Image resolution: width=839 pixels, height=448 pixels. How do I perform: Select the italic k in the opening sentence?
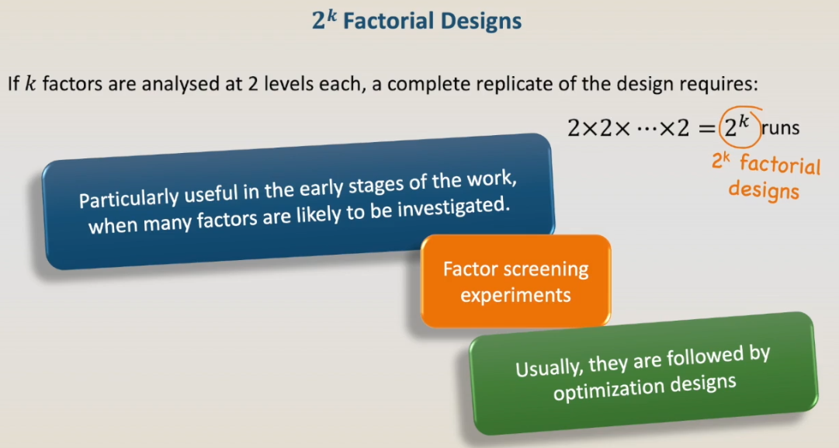(x=30, y=85)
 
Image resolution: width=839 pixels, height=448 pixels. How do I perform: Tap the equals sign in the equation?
(x=706, y=128)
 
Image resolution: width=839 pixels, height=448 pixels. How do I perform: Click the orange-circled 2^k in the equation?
(x=740, y=127)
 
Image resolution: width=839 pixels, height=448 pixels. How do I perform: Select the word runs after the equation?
(x=780, y=128)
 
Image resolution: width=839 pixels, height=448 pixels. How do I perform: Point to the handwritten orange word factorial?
(x=779, y=165)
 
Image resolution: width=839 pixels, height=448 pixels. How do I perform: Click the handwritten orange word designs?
(x=764, y=189)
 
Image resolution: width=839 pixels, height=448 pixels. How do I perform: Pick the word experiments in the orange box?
(x=516, y=296)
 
